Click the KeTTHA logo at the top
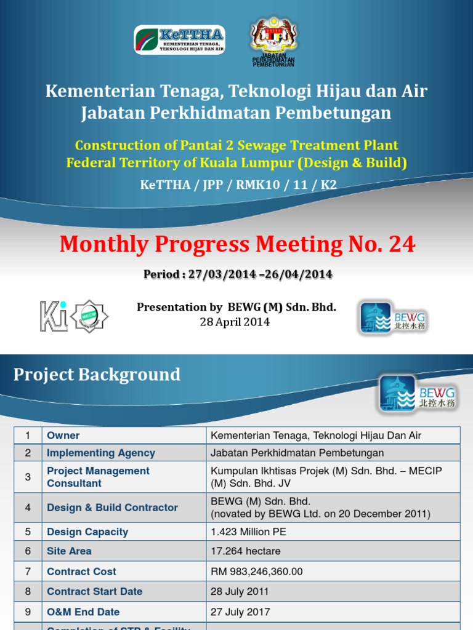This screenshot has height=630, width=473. click(x=179, y=39)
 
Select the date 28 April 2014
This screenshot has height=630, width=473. click(x=235, y=322)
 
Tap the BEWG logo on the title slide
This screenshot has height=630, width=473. click(x=394, y=318)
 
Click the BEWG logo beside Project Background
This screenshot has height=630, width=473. click(x=417, y=394)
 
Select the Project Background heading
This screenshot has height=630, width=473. click(x=97, y=375)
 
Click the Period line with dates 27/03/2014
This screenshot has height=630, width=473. click(x=238, y=274)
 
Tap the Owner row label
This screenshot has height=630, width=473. click(x=63, y=436)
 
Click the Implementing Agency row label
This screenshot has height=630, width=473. click(x=101, y=453)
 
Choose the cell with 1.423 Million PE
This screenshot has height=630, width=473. click(x=248, y=532)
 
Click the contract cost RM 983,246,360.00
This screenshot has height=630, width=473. click(x=257, y=572)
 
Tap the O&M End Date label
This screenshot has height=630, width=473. click(x=83, y=612)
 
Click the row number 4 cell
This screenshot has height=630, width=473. click(x=28, y=508)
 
